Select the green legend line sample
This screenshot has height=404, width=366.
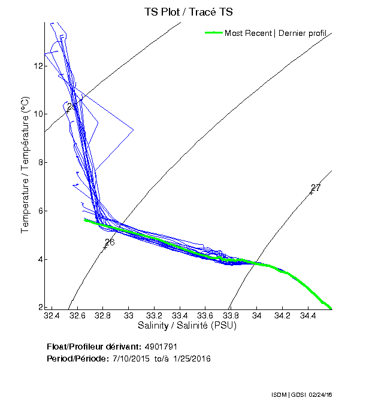click(x=214, y=33)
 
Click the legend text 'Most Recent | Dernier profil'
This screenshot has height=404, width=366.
click(x=275, y=33)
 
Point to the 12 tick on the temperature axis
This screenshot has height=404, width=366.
click(x=37, y=66)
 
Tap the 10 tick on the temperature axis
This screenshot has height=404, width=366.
click(x=37, y=114)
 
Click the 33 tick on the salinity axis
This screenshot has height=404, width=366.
click(x=128, y=315)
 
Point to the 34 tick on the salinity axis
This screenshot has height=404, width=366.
click(x=256, y=315)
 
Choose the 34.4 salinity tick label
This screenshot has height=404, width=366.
click(x=308, y=315)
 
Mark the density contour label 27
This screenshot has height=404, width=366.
click(x=316, y=188)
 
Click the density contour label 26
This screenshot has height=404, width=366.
click(x=110, y=242)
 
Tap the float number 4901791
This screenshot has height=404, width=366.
click(x=161, y=347)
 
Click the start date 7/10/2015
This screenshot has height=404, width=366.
click(x=132, y=358)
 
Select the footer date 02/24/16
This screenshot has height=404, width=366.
click(x=322, y=395)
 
